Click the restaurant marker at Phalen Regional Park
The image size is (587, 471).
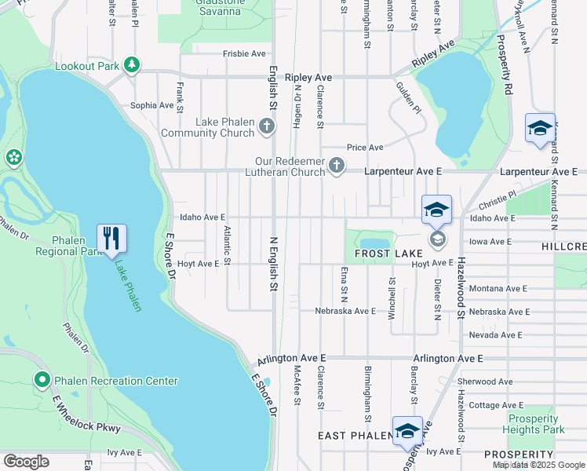[111, 238]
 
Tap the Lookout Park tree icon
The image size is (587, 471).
[133, 65]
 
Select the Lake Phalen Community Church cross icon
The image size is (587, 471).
[267, 126]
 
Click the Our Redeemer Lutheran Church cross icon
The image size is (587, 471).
[337, 165]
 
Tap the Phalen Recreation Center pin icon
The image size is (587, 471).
[42, 381]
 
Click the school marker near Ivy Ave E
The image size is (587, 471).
[407, 431]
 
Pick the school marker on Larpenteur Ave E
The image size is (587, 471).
[540, 128]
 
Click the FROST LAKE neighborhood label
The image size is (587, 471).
[388, 254]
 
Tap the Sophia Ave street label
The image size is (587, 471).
[151, 104]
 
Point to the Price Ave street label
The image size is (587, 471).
[365, 147]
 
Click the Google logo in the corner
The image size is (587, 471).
[26, 462]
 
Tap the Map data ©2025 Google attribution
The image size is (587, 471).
[538, 465]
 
